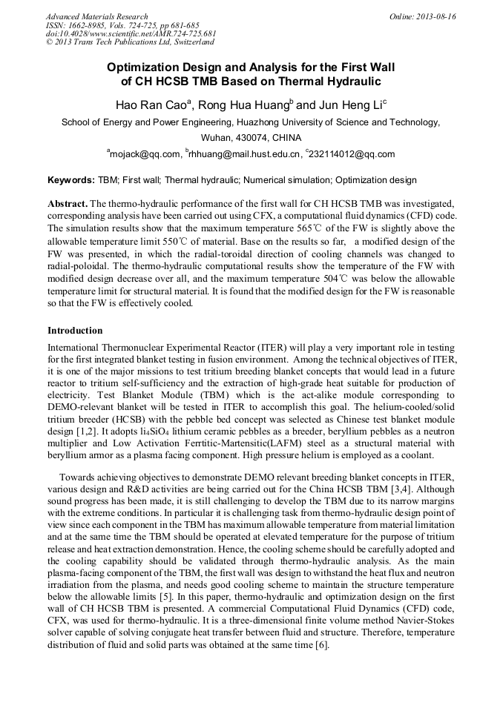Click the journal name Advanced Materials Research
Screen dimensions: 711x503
point(96,16)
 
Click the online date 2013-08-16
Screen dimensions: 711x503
point(435,16)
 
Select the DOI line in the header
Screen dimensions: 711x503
point(131,34)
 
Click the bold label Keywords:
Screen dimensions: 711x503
point(71,180)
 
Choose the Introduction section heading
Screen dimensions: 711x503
point(75,331)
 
